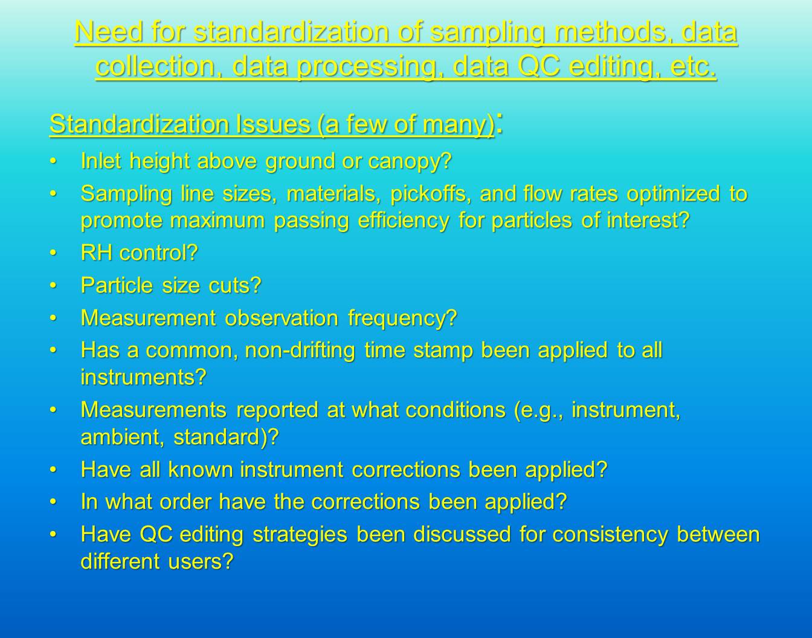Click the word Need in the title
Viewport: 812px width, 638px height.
click(109, 32)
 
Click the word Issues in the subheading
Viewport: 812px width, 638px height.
click(273, 124)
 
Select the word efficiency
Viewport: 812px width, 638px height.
click(403, 221)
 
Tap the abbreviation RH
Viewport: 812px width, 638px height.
click(97, 253)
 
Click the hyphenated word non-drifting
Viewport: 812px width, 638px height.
click(300, 351)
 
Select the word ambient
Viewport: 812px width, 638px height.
click(123, 437)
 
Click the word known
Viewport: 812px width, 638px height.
click(200, 469)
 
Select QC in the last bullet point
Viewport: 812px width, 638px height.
click(156, 535)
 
